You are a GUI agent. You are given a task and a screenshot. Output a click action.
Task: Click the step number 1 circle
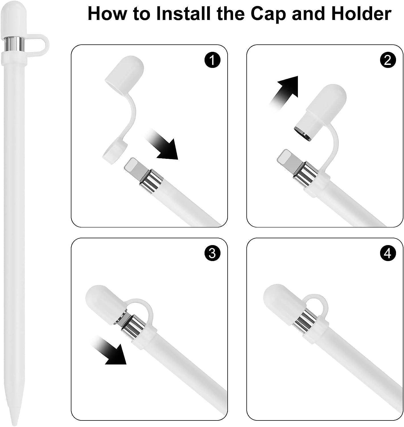pos(212,60)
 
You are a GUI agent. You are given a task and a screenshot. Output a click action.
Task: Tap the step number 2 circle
pos(387,60)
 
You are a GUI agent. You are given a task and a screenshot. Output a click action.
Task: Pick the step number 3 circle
pos(212,253)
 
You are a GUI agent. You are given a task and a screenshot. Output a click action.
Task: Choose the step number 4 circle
pos(387,253)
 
